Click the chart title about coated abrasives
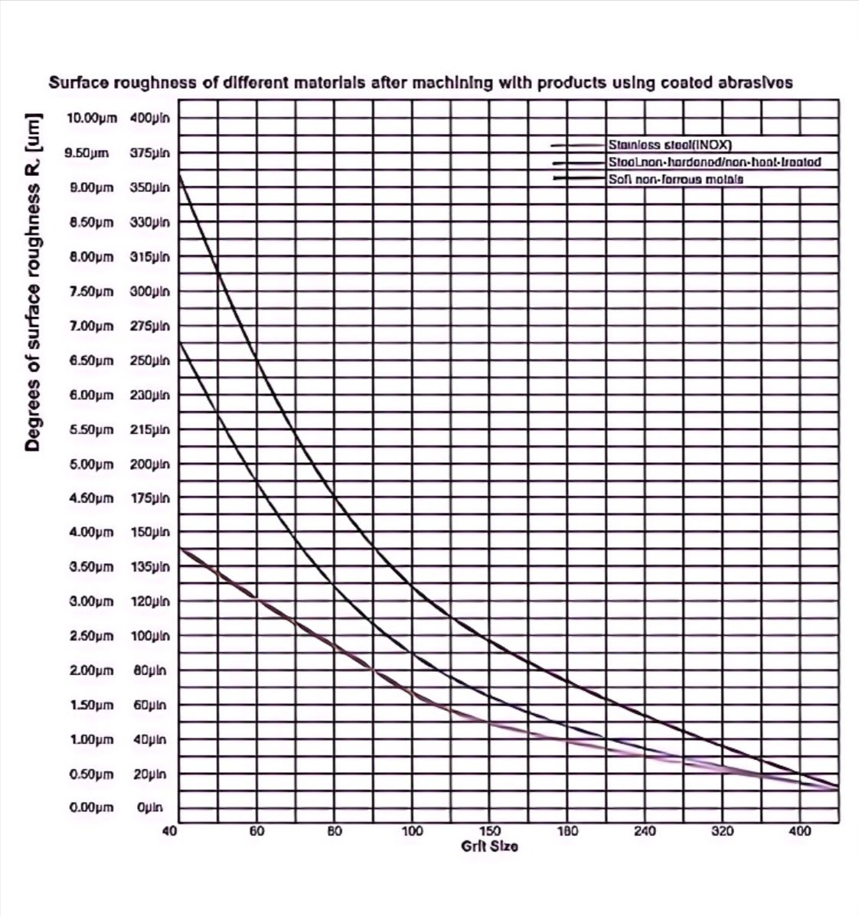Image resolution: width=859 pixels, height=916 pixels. tap(420, 83)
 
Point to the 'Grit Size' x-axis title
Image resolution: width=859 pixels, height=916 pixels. tap(489, 846)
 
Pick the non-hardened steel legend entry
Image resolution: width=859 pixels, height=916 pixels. tap(714, 162)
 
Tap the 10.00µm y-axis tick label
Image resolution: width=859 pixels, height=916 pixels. tap(91, 119)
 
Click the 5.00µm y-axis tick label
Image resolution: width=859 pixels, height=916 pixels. tap(91, 464)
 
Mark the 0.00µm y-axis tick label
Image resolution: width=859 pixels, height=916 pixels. tap(91, 807)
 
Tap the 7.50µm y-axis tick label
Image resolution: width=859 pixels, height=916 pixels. tap(91, 292)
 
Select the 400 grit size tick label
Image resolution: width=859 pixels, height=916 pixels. tap(800, 831)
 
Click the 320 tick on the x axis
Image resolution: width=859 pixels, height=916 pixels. tap(723, 831)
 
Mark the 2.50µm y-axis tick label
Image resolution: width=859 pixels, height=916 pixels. tap(91, 636)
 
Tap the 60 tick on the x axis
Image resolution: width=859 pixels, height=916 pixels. tap(257, 831)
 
